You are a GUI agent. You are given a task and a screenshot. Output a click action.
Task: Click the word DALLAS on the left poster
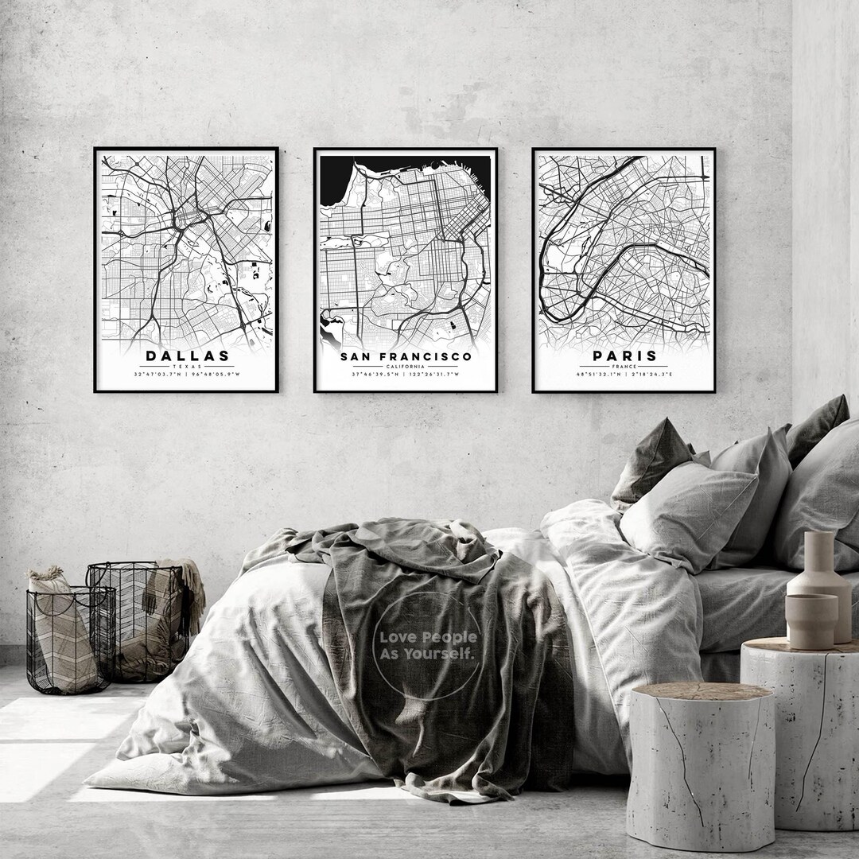pos(187,356)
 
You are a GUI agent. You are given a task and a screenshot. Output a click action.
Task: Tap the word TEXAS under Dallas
pos(187,366)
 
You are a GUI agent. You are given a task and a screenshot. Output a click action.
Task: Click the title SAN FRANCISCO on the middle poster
pos(406,356)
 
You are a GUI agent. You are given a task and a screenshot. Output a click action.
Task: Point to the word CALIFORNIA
pos(406,366)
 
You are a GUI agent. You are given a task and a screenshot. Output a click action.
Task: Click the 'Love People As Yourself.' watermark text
pos(428,645)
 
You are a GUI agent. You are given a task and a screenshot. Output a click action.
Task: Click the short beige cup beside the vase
pos(810,621)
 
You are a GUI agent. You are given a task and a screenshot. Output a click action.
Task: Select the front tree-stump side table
pos(700,764)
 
